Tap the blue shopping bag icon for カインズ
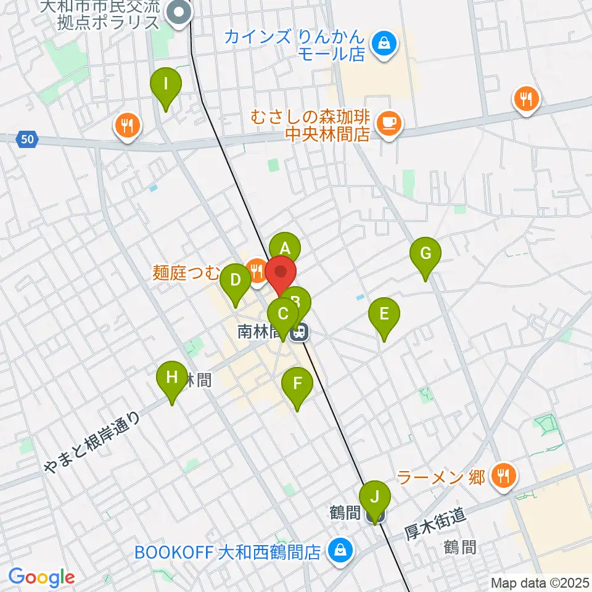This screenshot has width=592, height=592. [x=384, y=44]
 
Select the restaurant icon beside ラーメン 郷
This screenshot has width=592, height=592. [x=504, y=476]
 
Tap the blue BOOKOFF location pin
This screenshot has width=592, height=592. [x=339, y=548]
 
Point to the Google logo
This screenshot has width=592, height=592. [x=41, y=577]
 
